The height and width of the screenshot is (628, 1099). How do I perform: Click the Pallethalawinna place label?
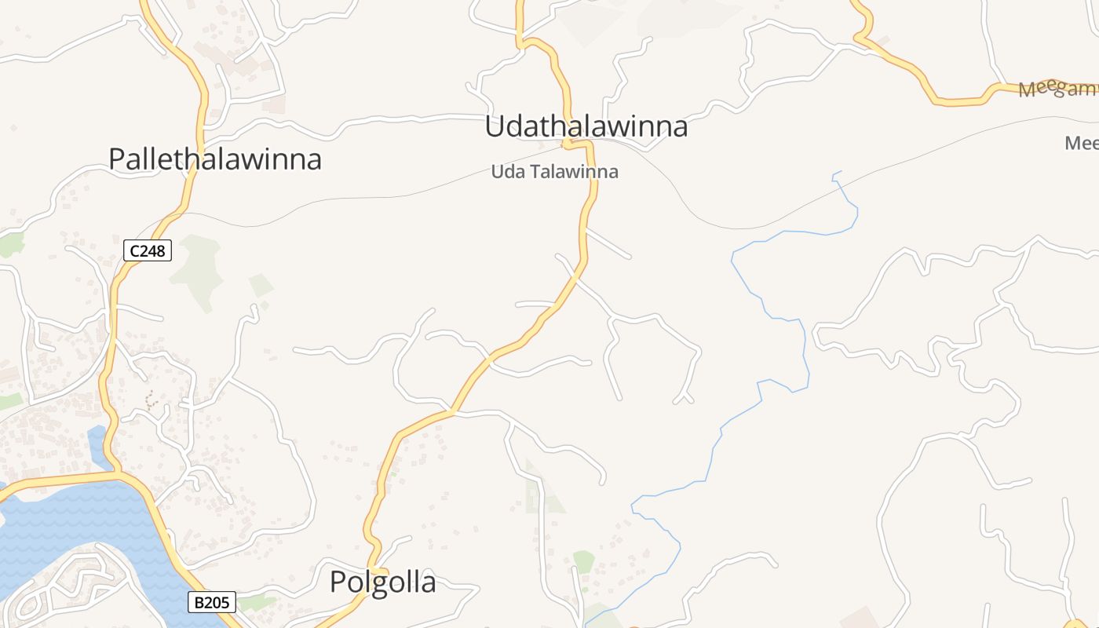[x=215, y=159]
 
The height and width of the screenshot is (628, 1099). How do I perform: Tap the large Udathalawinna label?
[x=586, y=126]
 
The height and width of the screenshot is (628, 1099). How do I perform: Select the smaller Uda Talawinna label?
[x=554, y=172]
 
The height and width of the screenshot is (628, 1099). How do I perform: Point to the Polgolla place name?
[x=382, y=582]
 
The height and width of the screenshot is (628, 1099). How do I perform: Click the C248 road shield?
[x=148, y=251]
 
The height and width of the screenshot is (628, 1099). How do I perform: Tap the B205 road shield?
[x=212, y=603]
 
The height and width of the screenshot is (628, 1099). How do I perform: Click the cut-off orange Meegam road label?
[x=1056, y=89]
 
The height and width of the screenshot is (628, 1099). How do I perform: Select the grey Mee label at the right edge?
[x=1081, y=144]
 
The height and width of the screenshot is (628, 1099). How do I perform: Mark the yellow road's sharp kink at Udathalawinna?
[x=567, y=144]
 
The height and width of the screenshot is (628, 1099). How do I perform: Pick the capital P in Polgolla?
[x=338, y=582]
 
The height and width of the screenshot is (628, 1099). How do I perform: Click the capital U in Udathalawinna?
[x=495, y=126]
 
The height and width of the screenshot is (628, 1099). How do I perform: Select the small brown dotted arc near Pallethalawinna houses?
[x=151, y=400]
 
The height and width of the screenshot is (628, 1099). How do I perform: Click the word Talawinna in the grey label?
[x=574, y=172]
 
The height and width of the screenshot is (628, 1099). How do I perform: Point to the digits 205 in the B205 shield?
[x=218, y=603]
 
